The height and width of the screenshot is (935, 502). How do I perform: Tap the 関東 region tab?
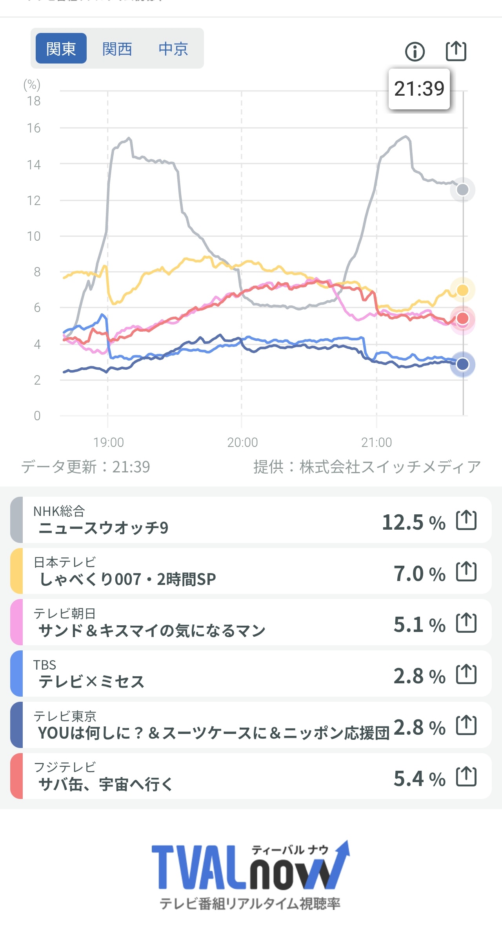[61, 49]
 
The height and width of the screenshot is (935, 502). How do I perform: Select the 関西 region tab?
[117, 49]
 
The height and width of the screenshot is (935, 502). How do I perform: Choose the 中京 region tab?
[173, 49]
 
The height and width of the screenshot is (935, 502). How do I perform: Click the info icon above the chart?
[415, 51]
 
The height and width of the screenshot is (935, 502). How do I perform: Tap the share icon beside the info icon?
[456, 51]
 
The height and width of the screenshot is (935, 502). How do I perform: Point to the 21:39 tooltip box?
[419, 89]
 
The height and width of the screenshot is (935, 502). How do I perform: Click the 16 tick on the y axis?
[34, 128]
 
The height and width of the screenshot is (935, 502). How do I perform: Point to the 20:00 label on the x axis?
[242, 442]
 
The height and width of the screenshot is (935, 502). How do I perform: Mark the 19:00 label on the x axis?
[108, 442]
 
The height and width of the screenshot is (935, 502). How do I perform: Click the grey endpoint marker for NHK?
[463, 190]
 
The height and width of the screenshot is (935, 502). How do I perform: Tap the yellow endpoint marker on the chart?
[463, 290]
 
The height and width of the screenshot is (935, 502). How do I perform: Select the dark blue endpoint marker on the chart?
[463, 364]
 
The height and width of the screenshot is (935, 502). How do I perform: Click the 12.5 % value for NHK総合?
[413, 522]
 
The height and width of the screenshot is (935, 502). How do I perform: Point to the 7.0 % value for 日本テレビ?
[419, 574]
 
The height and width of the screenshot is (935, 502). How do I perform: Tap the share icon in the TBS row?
[466, 675]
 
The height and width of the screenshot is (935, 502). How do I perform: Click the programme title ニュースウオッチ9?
[103, 528]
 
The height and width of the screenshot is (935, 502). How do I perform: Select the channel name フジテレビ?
[65, 767]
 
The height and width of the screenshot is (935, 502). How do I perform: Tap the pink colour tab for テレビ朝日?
[16, 622]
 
